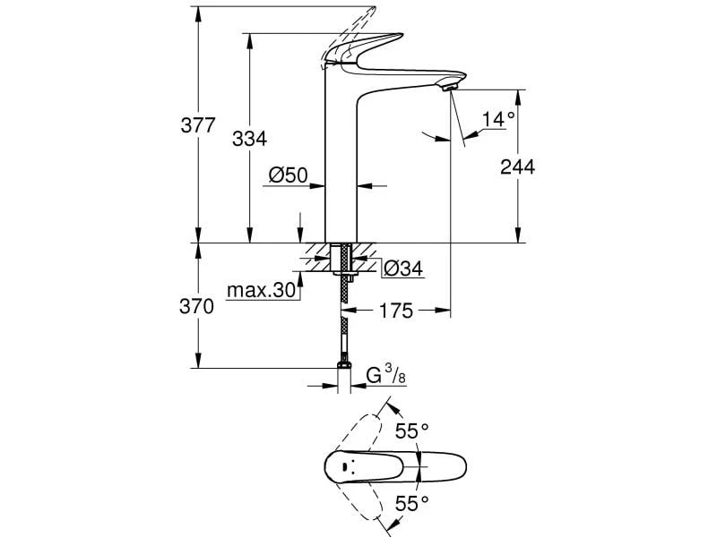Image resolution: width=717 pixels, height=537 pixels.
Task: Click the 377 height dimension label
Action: click(x=198, y=125)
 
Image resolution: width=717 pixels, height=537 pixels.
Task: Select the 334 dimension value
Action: click(x=250, y=139)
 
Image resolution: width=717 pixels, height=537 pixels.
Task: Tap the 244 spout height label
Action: click(x=517, y=167)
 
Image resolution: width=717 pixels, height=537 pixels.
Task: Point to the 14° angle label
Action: click(x=498, y=118)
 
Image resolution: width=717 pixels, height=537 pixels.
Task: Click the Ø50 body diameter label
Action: click(x=289, y=175)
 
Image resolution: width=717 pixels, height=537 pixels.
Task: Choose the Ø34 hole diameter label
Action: click(x=402, y=267)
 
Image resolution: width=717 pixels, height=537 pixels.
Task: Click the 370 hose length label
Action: click(x=197, y=306)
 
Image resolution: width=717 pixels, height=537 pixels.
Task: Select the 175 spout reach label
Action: click(x=394, y=311)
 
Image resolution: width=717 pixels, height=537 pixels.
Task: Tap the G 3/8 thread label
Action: click(x=386, y=374)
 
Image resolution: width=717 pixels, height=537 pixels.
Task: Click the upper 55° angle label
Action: click(x=413, y=431)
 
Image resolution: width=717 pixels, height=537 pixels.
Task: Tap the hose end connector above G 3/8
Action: click(x=342, y=365)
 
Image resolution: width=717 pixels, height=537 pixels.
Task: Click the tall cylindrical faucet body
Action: click(x=341, y=170)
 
